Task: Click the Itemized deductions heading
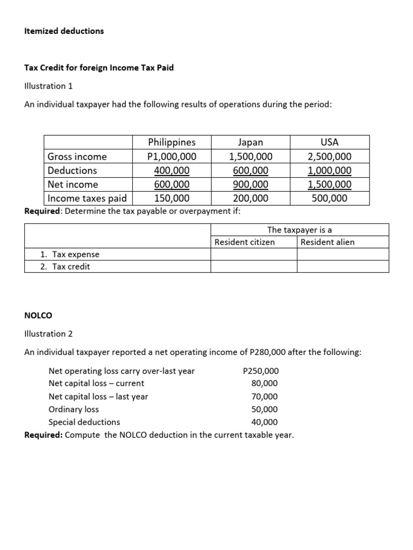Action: point(64,31)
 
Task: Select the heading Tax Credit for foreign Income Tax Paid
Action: point(99,68)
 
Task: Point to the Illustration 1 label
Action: point(48,86)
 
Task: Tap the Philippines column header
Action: point(172,142)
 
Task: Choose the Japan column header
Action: point(251,142)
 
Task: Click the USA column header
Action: point(329,142)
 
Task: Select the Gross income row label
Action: point(77,157)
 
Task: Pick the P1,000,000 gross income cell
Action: point(172,157)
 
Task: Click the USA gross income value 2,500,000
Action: point(329,157)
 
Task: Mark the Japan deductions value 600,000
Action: point(251,171)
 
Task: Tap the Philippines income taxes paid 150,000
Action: point(172,198)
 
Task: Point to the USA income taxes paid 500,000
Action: point(329,198)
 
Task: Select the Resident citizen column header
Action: point(245,242)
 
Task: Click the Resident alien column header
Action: point(327,242)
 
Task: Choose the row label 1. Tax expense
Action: point(70,255)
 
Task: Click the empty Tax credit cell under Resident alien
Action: point(343,266)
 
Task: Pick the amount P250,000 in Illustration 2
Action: point(261,371)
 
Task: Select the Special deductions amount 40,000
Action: point(265,422)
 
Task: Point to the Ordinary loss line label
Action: point(74,409)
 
